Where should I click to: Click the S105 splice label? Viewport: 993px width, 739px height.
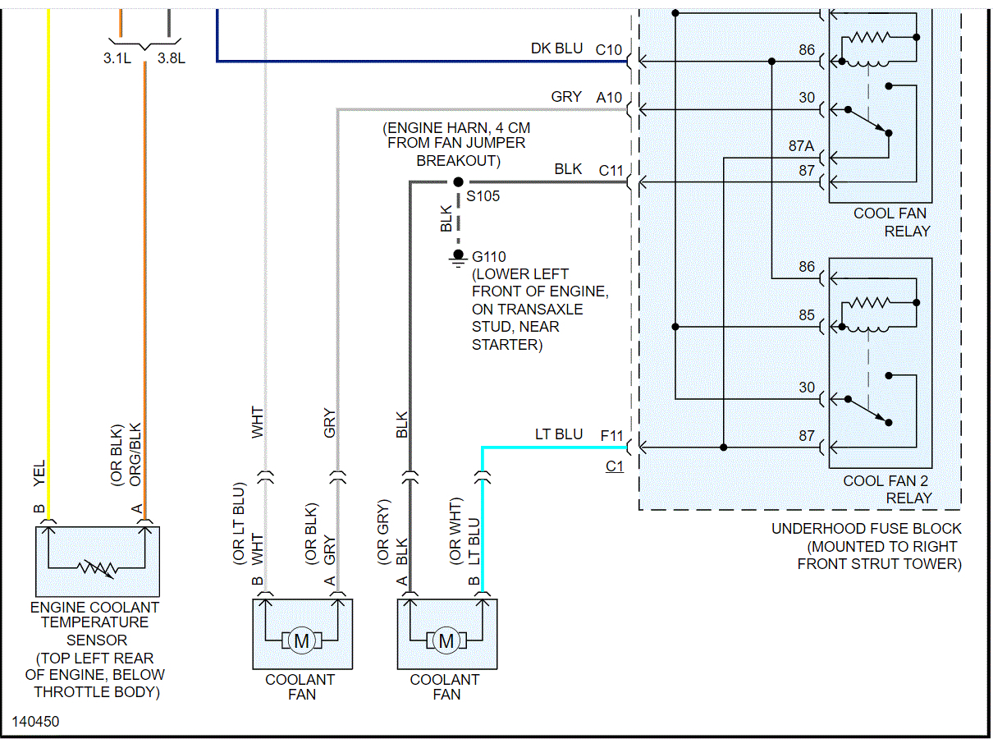483,197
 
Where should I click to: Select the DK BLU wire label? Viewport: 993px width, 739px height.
556,49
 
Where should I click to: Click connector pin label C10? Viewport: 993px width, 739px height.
609,49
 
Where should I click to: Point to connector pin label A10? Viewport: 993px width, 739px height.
610,98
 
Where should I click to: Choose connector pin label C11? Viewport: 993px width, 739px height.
611,170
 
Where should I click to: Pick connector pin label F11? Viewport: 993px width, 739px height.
612,435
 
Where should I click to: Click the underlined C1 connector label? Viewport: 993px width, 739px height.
615,466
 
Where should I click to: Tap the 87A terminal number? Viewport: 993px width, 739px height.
801,146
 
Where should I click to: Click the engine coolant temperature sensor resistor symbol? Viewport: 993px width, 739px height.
97,567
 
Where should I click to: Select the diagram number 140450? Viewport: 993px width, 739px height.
35,722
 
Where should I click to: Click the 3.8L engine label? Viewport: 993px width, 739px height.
172,58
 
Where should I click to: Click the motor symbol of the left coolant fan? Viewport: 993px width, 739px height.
301,640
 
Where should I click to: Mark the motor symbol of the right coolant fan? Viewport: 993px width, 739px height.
446,640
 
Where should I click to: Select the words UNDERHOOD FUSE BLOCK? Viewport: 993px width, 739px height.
866,529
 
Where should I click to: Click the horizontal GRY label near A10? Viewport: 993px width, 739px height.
566,98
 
